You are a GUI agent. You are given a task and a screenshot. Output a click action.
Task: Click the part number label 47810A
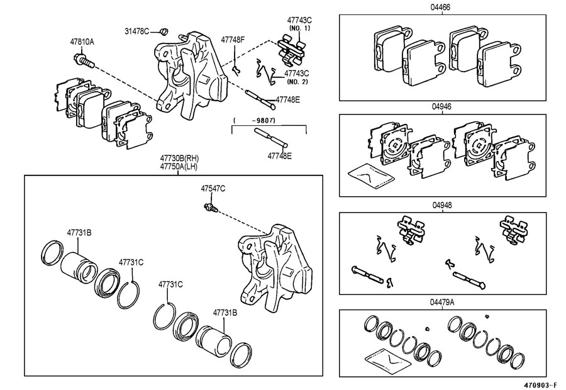[x=82, y=42]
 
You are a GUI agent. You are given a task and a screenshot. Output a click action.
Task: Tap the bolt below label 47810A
[x=84, y=60]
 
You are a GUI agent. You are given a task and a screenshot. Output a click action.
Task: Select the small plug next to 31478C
[x=164, y=31]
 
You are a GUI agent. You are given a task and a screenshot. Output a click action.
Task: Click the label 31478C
[x=137, y=31]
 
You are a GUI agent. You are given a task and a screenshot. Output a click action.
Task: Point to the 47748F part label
[x=233, y=40]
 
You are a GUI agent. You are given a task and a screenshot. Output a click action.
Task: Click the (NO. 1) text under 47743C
[x=299, y=28]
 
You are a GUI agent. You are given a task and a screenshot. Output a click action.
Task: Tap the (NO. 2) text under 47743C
[x=297, y=82]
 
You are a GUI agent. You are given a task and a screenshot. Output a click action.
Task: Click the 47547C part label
[x=213, y=189]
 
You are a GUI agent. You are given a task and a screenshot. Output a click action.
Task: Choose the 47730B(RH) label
[x=179, y=158]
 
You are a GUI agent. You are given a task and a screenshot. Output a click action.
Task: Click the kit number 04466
[x=440, y=8]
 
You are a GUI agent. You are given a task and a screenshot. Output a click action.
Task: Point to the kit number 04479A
[x=442, y=302]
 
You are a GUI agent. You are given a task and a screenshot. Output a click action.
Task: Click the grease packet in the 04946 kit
[x=370, y=176]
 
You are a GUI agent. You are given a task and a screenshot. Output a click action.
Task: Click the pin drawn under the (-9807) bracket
[x=271, y=138]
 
